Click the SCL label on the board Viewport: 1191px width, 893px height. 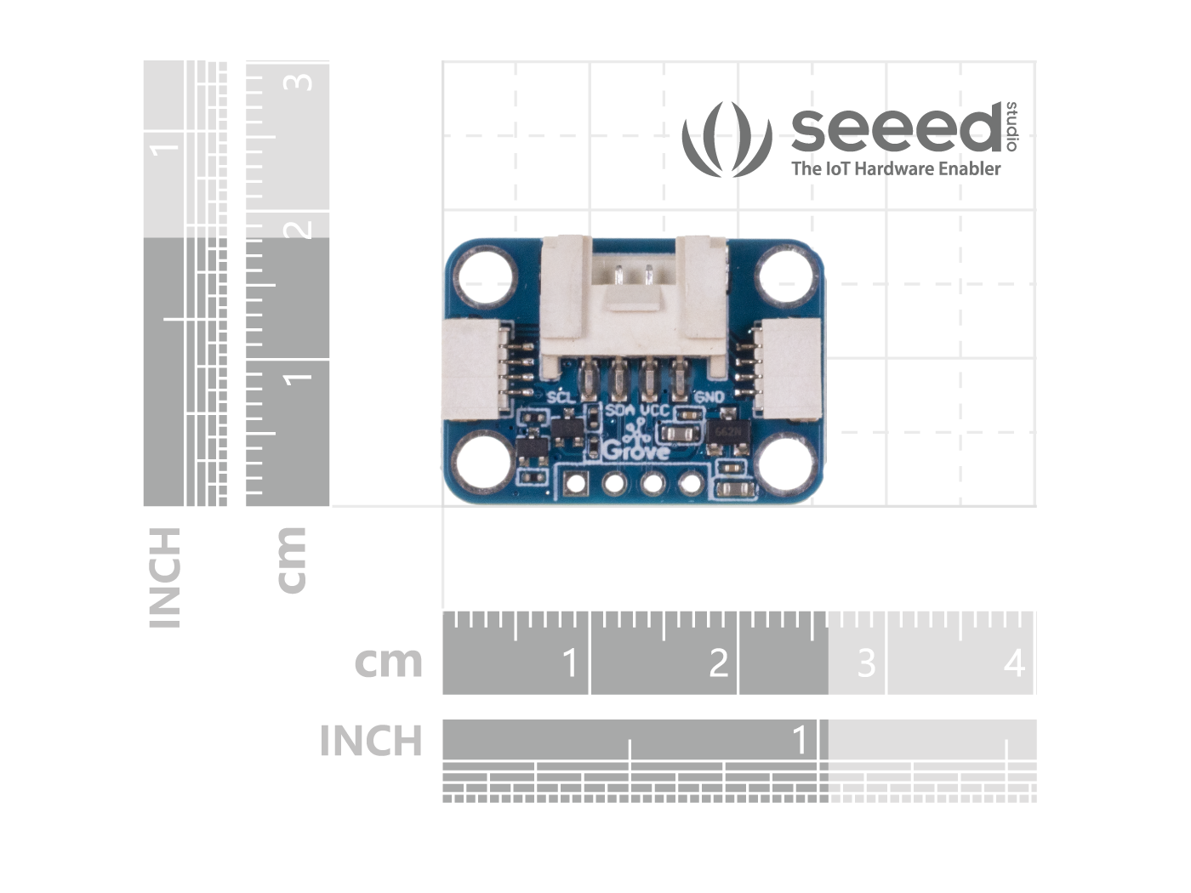(561, 396)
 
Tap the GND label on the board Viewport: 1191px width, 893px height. (709, 396)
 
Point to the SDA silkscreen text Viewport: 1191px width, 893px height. (620, 409)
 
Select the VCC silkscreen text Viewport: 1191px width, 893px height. (656, 409)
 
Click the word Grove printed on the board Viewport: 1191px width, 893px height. (635, 451)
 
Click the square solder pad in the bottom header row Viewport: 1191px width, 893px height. (577, 484)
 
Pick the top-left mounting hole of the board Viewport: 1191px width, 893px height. (486, 276)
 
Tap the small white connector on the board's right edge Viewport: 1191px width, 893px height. (790, 367)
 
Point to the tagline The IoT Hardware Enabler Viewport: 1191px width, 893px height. (896, 168)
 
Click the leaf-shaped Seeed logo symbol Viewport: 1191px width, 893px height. (727, 139)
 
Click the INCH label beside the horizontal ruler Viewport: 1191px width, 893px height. (371, 742)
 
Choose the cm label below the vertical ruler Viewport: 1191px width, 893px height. (291, 559)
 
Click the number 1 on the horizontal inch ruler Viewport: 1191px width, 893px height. (800, 741)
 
